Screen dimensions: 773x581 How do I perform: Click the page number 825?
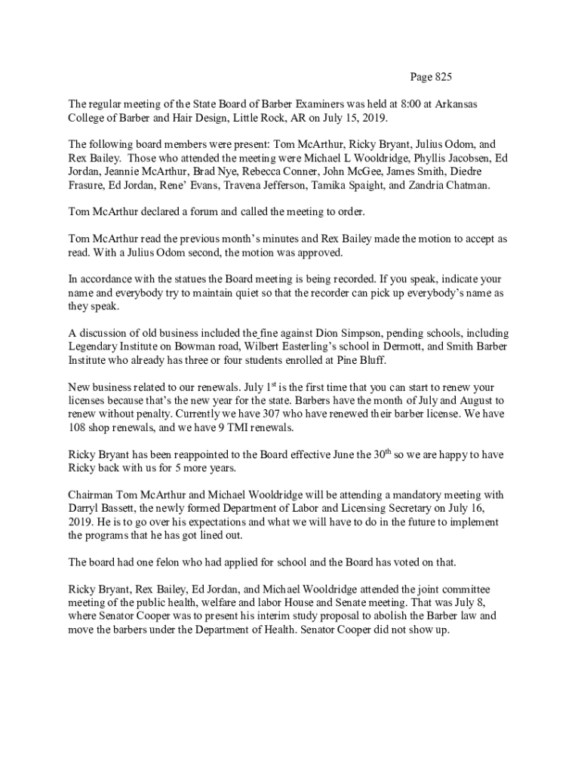(441, 77)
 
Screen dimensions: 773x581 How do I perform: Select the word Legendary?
(94, 347)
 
